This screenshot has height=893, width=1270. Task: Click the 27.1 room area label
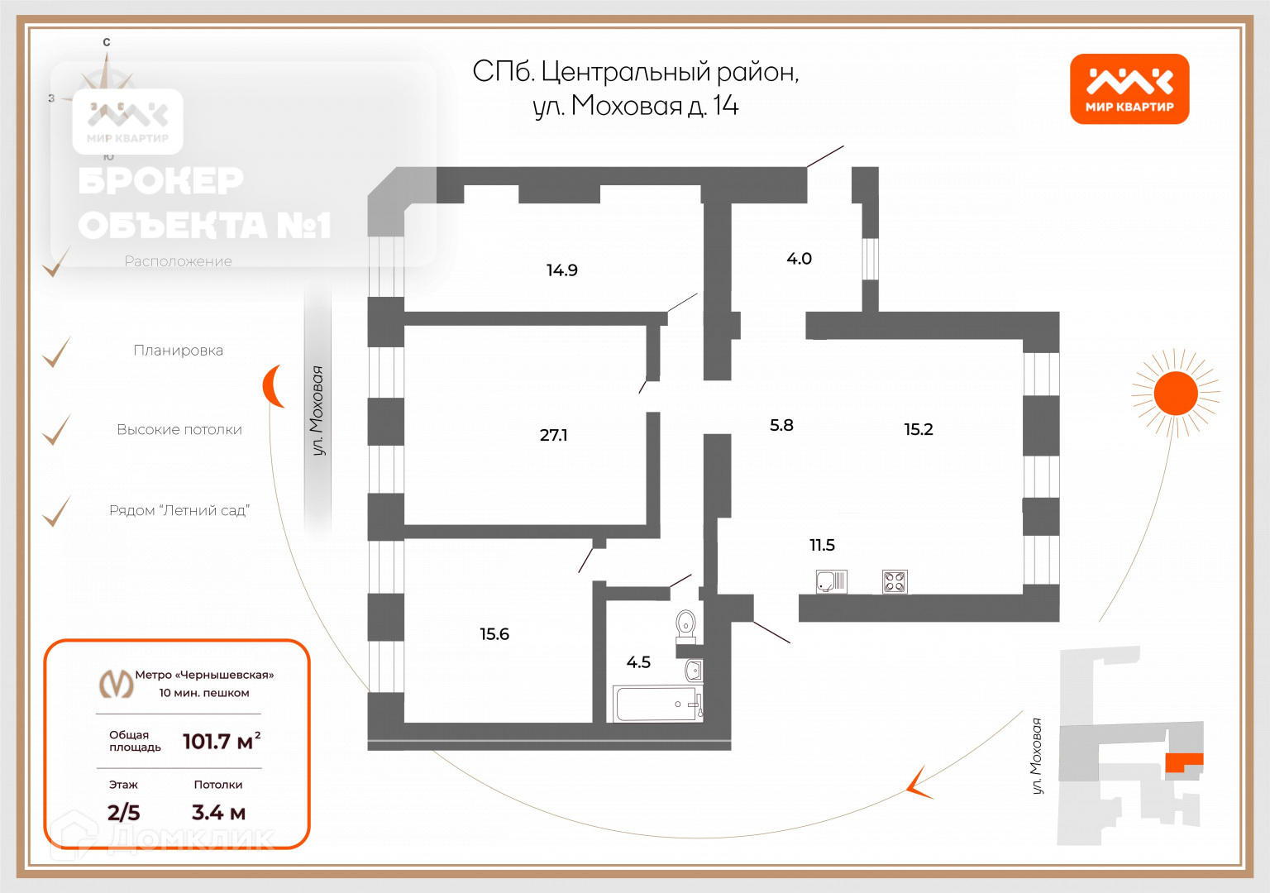(553, 435)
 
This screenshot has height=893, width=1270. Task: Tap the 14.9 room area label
(561, 270)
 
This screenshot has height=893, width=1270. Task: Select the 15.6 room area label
(494, 634)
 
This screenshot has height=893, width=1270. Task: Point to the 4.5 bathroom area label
(638, 662)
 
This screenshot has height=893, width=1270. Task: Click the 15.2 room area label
(918, 429)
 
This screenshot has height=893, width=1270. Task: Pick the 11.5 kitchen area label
(822, 545)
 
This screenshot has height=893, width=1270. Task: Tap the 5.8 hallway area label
(781, 425)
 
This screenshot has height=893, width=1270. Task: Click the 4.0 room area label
(799, 259)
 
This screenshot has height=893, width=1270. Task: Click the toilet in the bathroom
(685, 626)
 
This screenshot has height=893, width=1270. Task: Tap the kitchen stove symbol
(895, 582)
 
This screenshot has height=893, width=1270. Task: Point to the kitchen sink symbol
(831, 582)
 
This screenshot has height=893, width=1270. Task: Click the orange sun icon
(1175, 393)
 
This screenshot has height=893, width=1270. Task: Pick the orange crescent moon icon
(274, 386)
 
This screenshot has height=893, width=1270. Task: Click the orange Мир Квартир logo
(1129, 89)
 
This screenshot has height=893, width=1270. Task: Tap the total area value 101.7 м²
(221, 741)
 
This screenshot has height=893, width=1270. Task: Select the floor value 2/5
(123, 813)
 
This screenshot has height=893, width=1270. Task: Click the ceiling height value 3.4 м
(218, 813)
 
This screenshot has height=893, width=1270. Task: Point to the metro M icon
(116, 683)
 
